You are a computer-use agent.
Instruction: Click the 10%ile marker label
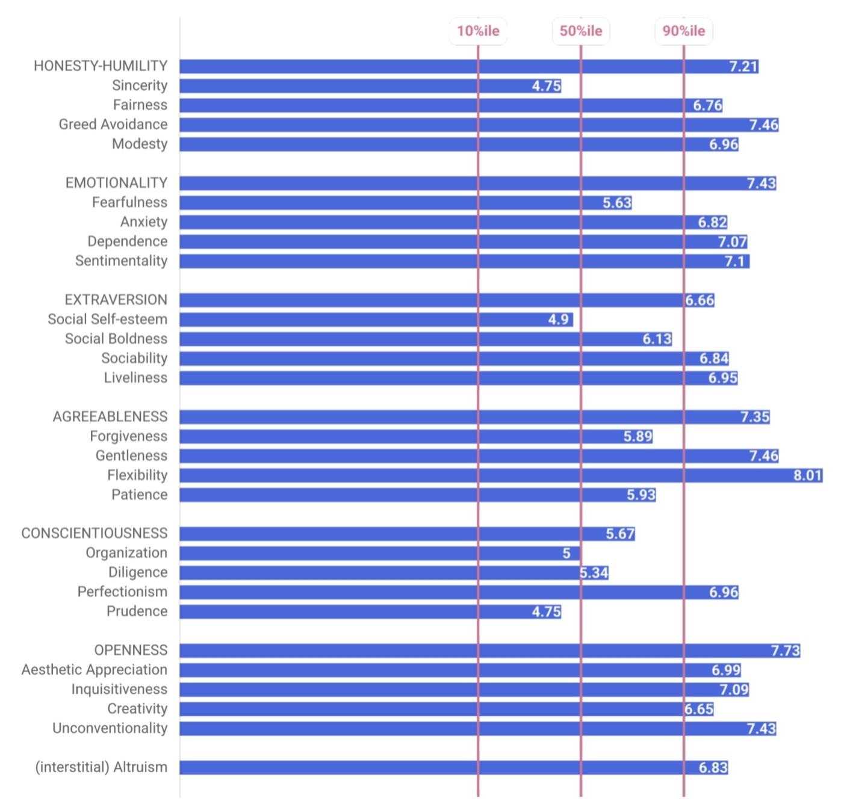(478, 31)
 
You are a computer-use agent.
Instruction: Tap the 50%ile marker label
(581, 31)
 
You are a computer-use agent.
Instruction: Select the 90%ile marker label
(684, 31)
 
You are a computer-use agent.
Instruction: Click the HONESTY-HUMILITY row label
(101, 66)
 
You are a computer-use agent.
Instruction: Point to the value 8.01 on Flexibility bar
(807, 475)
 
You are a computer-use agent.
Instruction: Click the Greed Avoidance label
(113, 124)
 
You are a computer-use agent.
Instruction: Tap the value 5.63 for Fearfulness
(617, 203)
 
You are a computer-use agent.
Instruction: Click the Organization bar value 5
(566, 553)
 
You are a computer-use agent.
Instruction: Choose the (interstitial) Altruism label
(101, 767)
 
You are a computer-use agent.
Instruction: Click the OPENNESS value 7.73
(785, 651)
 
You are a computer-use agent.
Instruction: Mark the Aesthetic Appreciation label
(95, 670)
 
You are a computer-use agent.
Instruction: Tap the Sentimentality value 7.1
(734, 261)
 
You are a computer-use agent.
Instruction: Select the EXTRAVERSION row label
(116, 300)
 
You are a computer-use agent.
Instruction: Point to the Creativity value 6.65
(699, 709)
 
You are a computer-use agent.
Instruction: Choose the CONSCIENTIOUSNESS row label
(95, 533)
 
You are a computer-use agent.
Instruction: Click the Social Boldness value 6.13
(657, 339)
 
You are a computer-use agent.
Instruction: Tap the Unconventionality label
(110, 728)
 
